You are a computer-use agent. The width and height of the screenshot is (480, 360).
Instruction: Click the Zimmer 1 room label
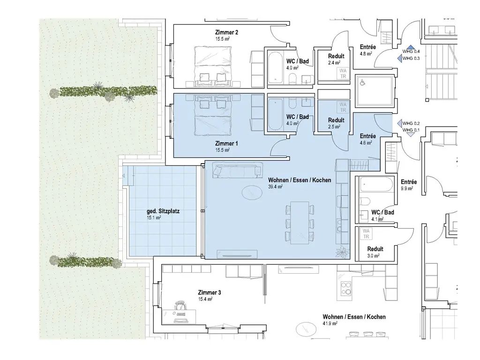pos(226,143)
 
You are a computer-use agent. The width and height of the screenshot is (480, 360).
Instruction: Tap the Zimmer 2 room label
pos(226,32)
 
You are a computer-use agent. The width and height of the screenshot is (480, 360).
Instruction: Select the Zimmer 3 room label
pos(210,292)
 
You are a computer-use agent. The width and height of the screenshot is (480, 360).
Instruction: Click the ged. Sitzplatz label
pos(163,211)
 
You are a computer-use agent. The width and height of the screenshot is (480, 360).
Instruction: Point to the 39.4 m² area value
pos(275,187)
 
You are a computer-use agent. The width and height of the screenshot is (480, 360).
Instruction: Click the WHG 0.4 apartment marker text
pos(411,52)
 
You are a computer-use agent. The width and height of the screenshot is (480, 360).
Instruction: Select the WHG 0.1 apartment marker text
pos(411,130)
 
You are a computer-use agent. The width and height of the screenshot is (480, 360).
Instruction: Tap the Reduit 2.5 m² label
pos(336,123)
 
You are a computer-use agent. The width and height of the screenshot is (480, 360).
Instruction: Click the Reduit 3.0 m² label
pos(375,252)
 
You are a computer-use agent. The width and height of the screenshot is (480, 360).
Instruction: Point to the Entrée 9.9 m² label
pos(409,185)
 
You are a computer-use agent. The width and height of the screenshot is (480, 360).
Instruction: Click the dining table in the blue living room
pos(300,223)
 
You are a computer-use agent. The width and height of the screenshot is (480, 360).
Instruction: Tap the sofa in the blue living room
pos(238,170)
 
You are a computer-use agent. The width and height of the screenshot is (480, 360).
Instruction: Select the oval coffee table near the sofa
pos(252,193)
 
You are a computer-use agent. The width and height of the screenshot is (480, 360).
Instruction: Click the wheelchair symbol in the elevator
pos(362,82)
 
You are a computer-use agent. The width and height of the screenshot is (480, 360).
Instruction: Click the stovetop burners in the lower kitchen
pos(346,288)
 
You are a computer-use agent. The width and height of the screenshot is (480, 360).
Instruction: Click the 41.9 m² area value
pos(330,323)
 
